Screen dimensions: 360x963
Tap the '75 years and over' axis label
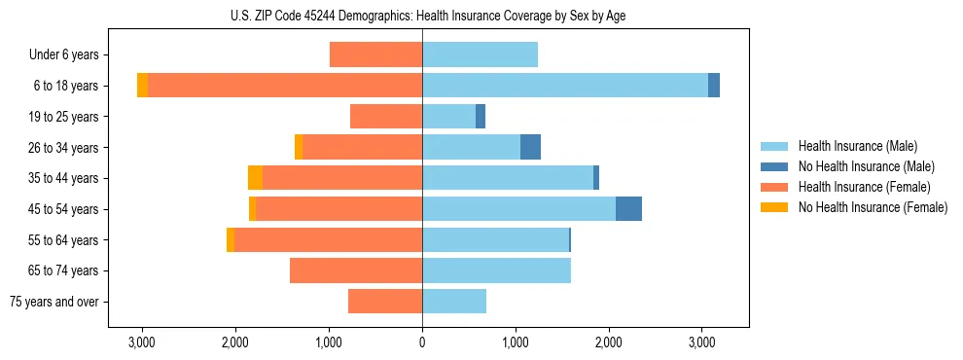(x=54, y=302)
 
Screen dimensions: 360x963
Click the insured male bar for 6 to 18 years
(x=564, y=86)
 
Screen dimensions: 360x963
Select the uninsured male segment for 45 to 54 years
(x=628, y=209)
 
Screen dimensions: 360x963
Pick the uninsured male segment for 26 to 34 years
(x=530, y=147)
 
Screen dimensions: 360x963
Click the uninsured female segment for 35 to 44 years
(x=255, y=178)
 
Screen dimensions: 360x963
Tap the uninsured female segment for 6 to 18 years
(x=142, y=86)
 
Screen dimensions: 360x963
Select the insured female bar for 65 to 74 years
(x=355, y=270)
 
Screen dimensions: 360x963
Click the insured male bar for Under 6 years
(x=480, y=54)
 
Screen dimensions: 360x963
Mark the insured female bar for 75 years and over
(x=384, y=302)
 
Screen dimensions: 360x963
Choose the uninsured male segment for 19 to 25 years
(x=481, y=117)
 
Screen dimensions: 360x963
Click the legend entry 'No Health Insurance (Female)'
(x=872, y=207)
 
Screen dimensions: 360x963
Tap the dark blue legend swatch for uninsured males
(x=775, y=166)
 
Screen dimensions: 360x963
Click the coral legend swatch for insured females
(x=775, y=187)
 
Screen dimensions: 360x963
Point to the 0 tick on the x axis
(x=422, y=342)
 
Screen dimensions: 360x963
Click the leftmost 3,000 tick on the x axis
(x=142, y=342)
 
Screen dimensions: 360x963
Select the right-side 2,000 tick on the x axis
(x=609, y=342)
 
